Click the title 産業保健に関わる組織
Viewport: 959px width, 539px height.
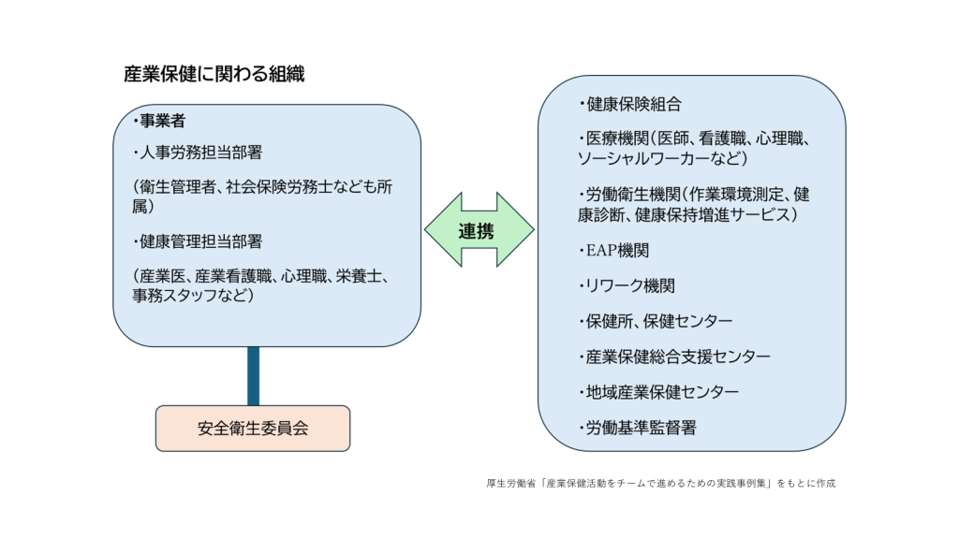214,74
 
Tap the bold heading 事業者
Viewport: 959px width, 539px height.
162,121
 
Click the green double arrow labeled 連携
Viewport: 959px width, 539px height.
479,230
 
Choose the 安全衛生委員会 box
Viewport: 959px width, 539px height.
253,429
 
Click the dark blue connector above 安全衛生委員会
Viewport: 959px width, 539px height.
253,376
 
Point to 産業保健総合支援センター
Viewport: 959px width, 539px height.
678,357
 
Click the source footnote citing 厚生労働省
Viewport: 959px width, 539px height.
661,484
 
